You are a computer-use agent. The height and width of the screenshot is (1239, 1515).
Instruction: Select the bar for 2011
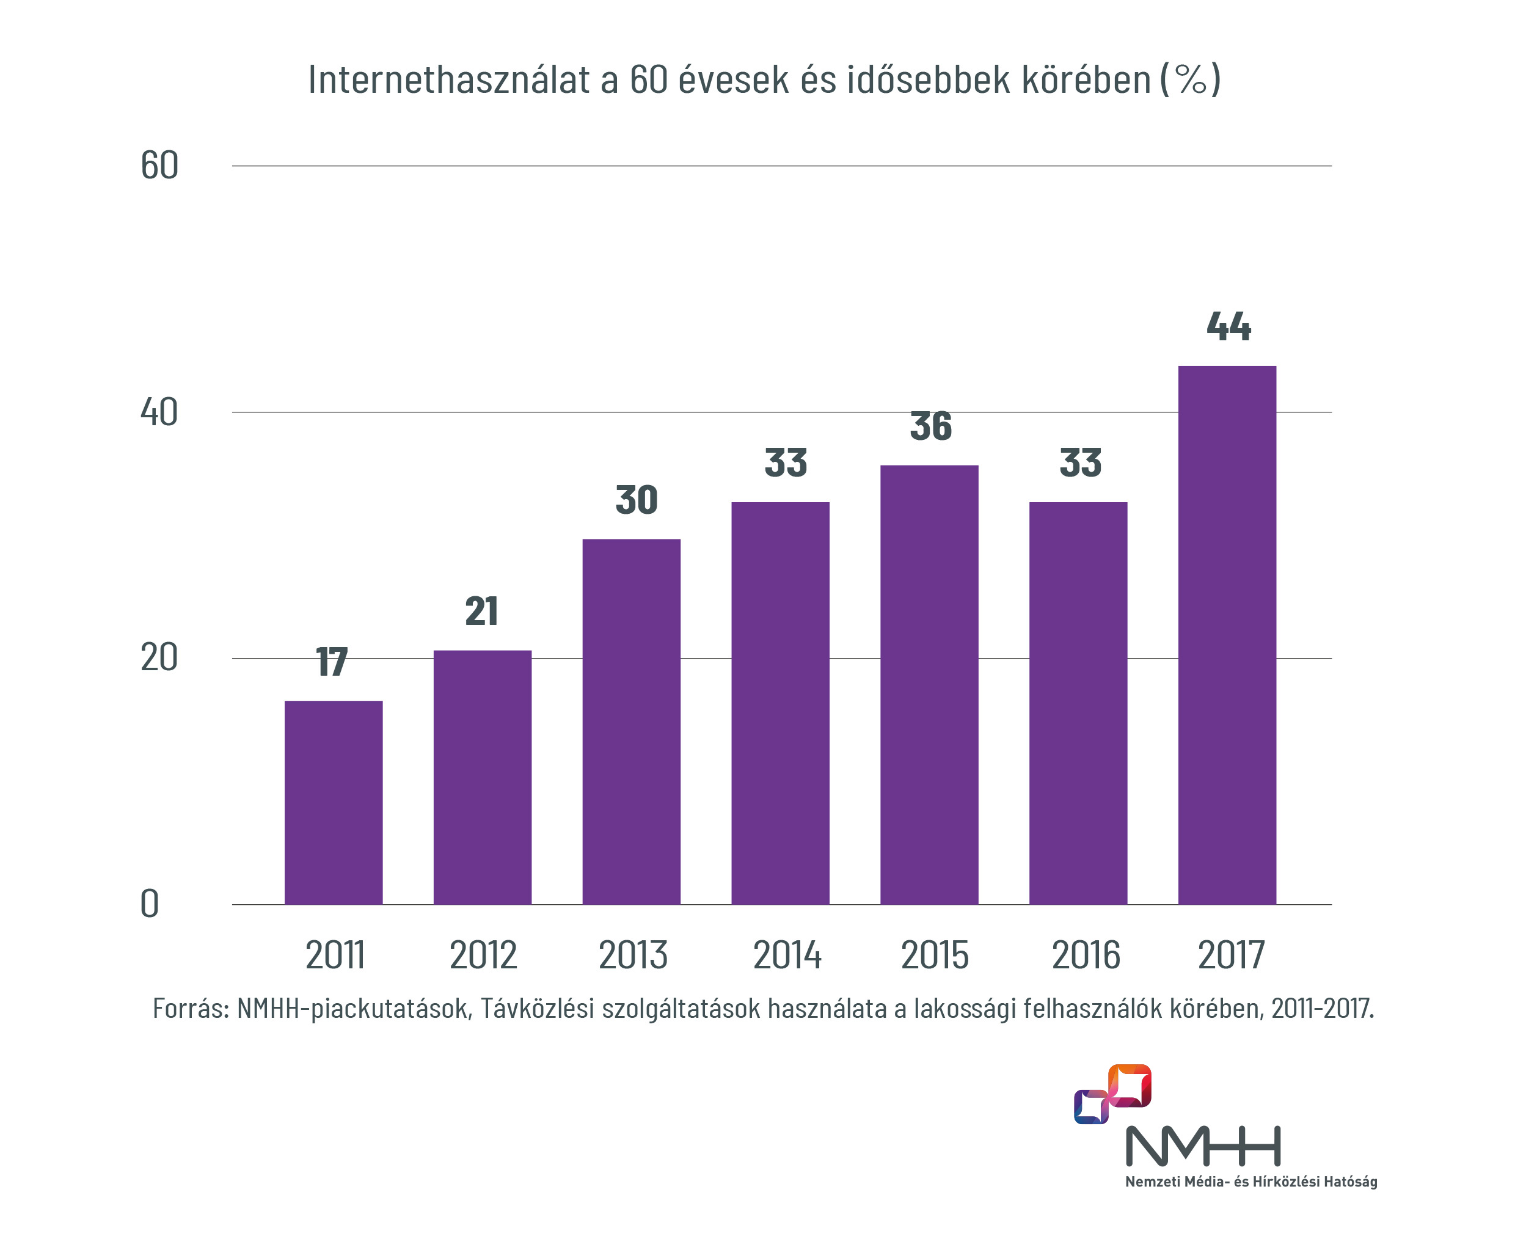tap(334, 802)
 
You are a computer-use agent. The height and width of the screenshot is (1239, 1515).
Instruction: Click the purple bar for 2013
tap(631, 721)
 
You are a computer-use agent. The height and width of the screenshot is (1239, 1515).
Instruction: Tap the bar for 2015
tap(929, 684)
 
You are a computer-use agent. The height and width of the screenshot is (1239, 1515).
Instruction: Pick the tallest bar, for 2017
tap(1226, 635)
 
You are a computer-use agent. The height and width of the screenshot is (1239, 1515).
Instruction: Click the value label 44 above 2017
tap(1228, 326)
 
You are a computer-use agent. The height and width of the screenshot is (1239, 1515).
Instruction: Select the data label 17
tap(332, 662)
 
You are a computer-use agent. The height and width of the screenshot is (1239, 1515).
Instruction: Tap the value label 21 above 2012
tap(482, 611)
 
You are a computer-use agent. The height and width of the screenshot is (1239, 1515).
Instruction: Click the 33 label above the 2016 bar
tap(1081, 462)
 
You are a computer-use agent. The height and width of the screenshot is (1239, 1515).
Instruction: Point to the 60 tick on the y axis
tap(159, 166)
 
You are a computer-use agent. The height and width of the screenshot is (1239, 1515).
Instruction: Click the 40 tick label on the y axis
tap(159, 412)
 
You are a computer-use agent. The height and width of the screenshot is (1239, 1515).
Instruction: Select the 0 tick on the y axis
tap(149, 904)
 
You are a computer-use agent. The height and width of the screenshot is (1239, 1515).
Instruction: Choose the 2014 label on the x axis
tap(787, 955)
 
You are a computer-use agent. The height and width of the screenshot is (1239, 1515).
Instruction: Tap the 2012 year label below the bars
tap(483, 955)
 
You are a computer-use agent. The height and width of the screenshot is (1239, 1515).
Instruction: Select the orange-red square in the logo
tap(1130, 1086)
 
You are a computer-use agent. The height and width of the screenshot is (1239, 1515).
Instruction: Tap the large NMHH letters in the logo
tap(1203, 1146)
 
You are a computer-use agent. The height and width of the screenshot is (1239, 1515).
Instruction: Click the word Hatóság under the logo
tap(1350, 1182)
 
